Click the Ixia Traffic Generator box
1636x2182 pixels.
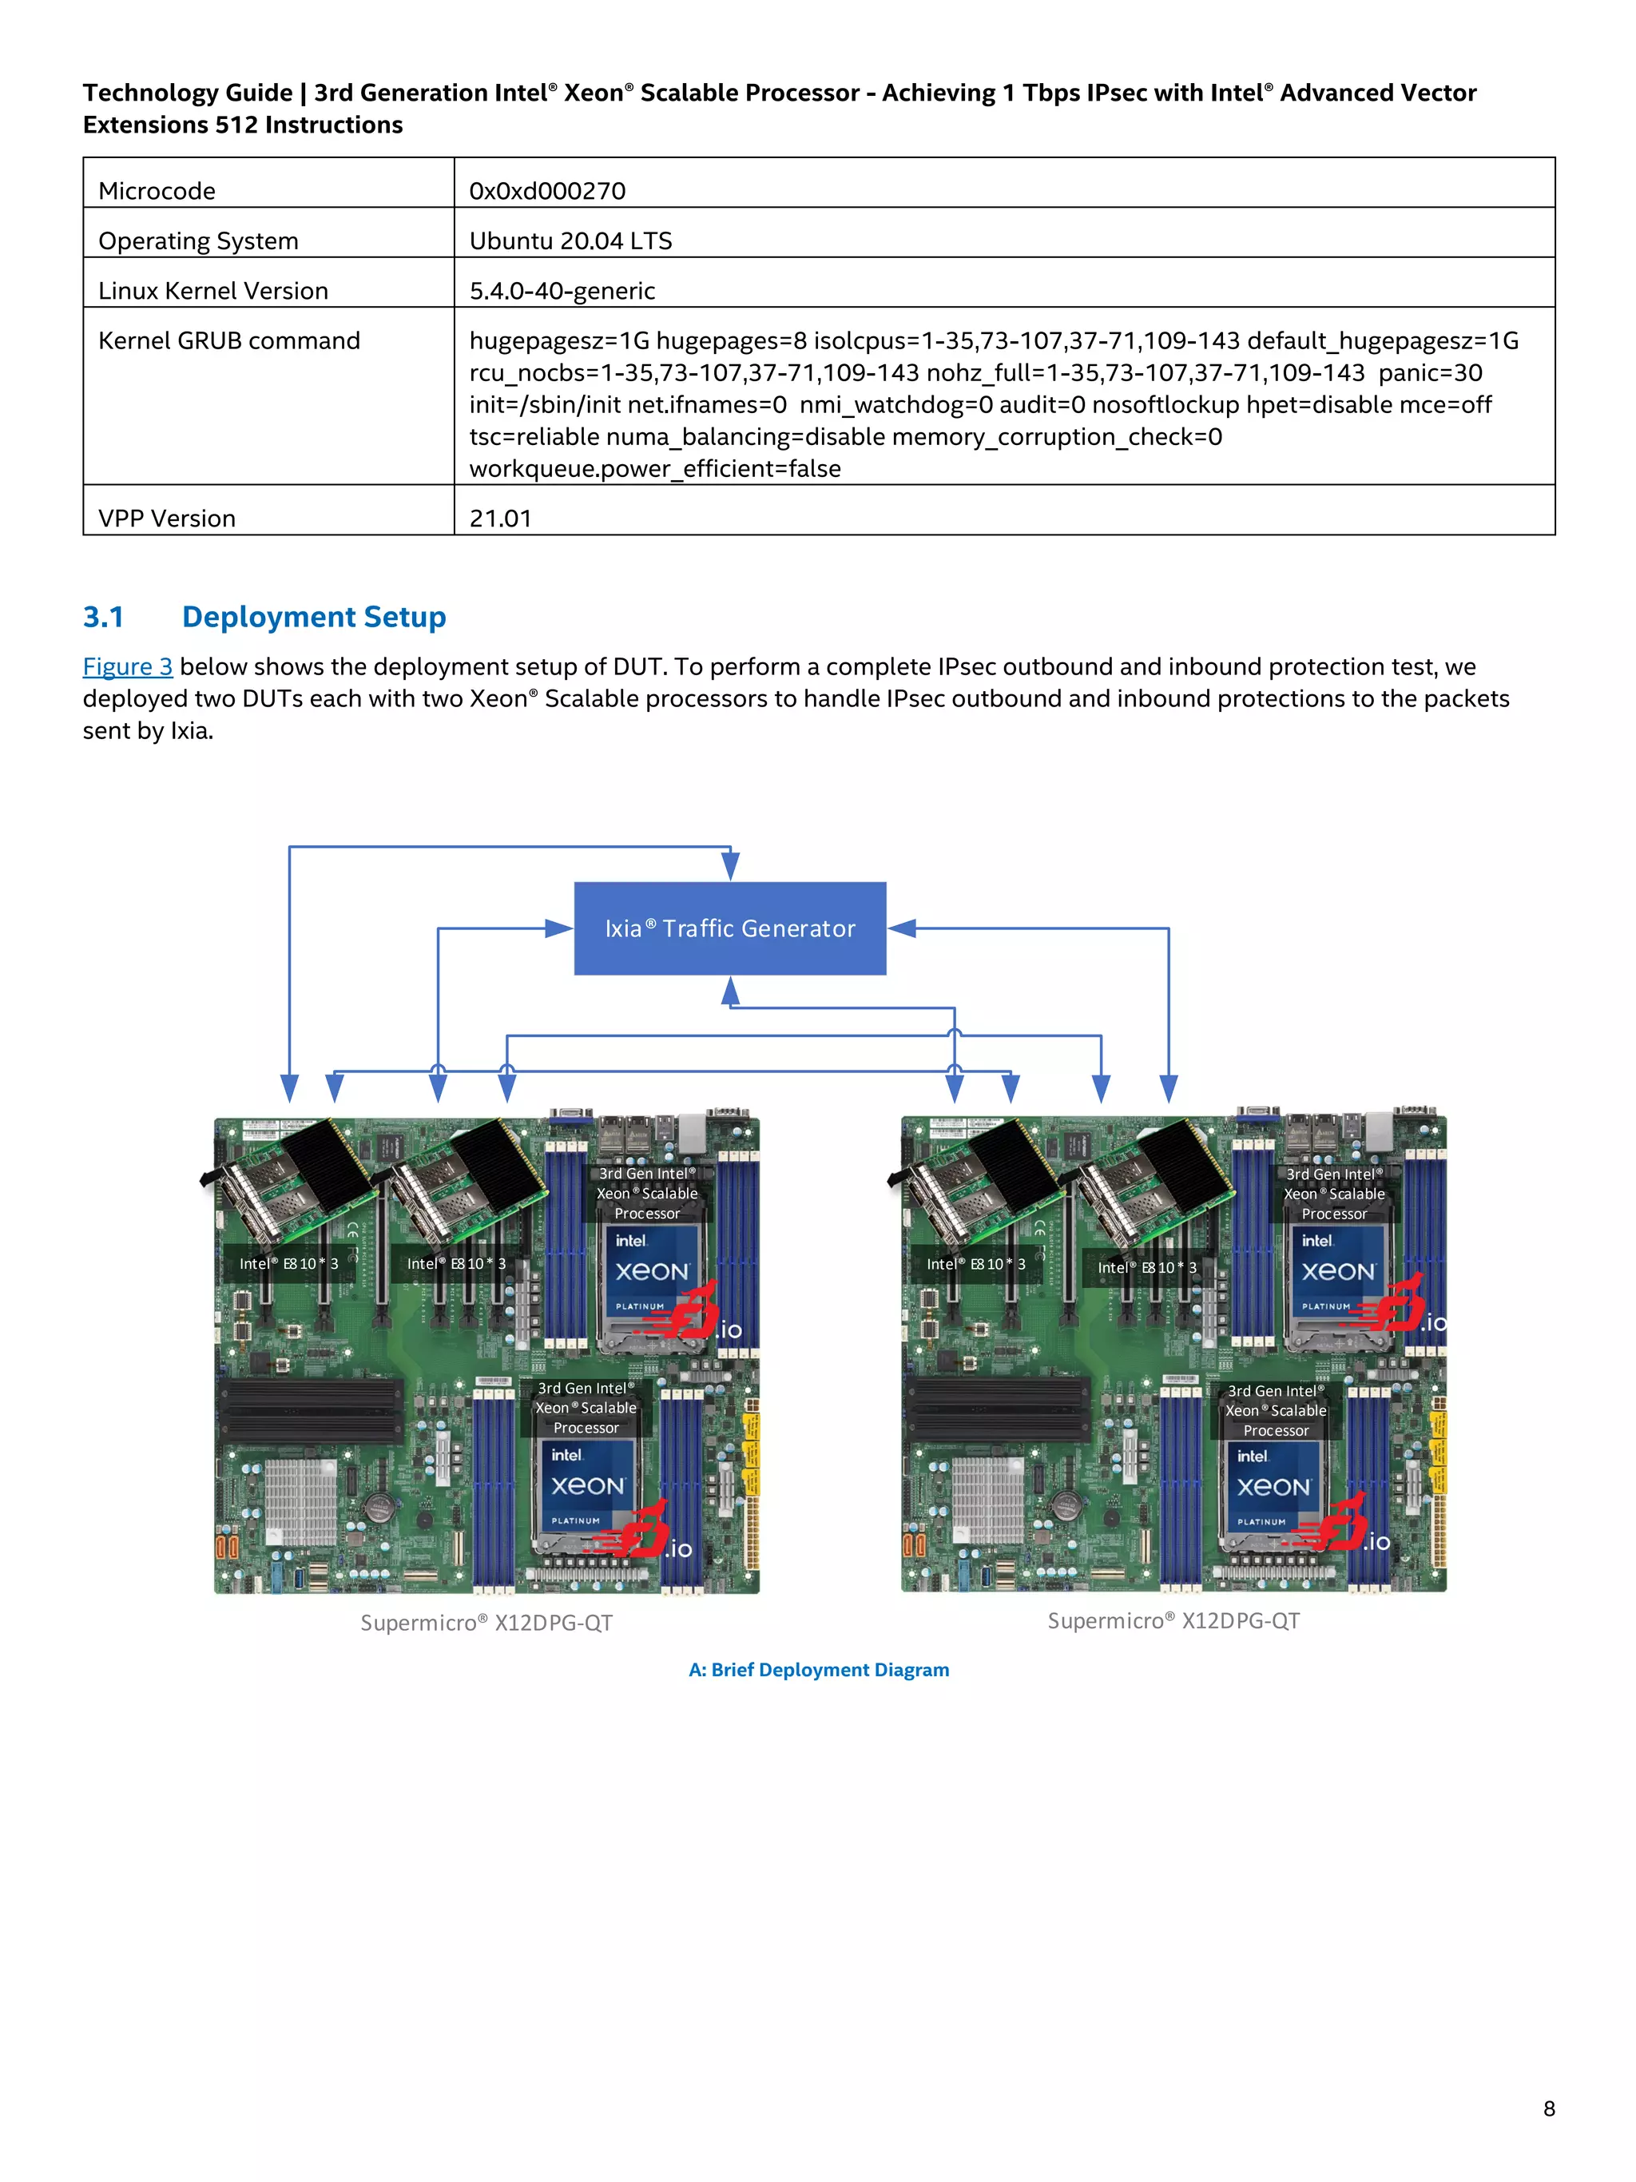click(x=730, y=928)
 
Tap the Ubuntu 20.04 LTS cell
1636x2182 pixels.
click(x=570, y=240)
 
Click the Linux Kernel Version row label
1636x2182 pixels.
click(x=213, y=291)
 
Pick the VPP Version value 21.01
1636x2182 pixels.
click(x=500, y=518)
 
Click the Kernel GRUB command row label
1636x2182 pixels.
click(x=228, y=340)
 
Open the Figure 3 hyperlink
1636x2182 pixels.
click(x=127, y=667)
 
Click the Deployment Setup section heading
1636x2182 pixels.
click(x=314, y=617)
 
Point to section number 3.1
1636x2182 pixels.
click(x=104, y=617)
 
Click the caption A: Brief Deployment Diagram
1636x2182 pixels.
click(x=819, y=1669)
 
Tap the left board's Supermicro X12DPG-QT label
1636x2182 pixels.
click(x=486, y=1623)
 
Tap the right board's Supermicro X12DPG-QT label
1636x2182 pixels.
click(x=1173, y=1620)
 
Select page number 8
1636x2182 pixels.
click(x=1548, y=2108)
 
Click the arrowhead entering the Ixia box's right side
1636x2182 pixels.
click(x=901, y=928)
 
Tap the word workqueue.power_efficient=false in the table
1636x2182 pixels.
click(x=655, y=468)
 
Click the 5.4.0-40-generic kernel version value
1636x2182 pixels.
click(x=562, y=291)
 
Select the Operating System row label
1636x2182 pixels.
click(x=198, y=240)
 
